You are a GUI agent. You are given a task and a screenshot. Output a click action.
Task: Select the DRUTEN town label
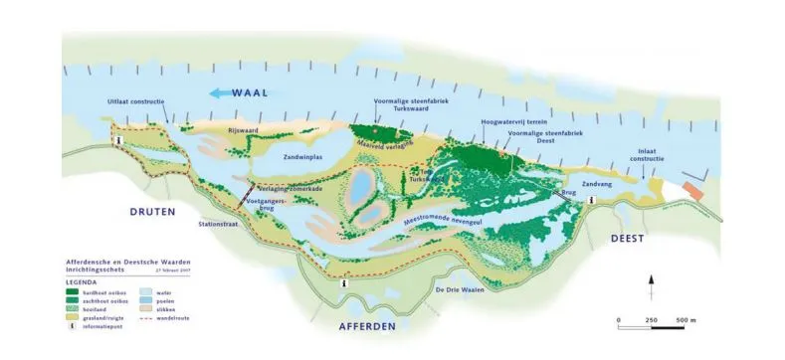(x=152, y=212)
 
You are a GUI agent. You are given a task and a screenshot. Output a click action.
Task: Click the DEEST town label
(x=628, y=239)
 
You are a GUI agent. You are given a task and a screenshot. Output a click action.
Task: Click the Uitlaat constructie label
(x=135, y=102)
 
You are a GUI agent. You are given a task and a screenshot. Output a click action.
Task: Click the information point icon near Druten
(x=119, y=142)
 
